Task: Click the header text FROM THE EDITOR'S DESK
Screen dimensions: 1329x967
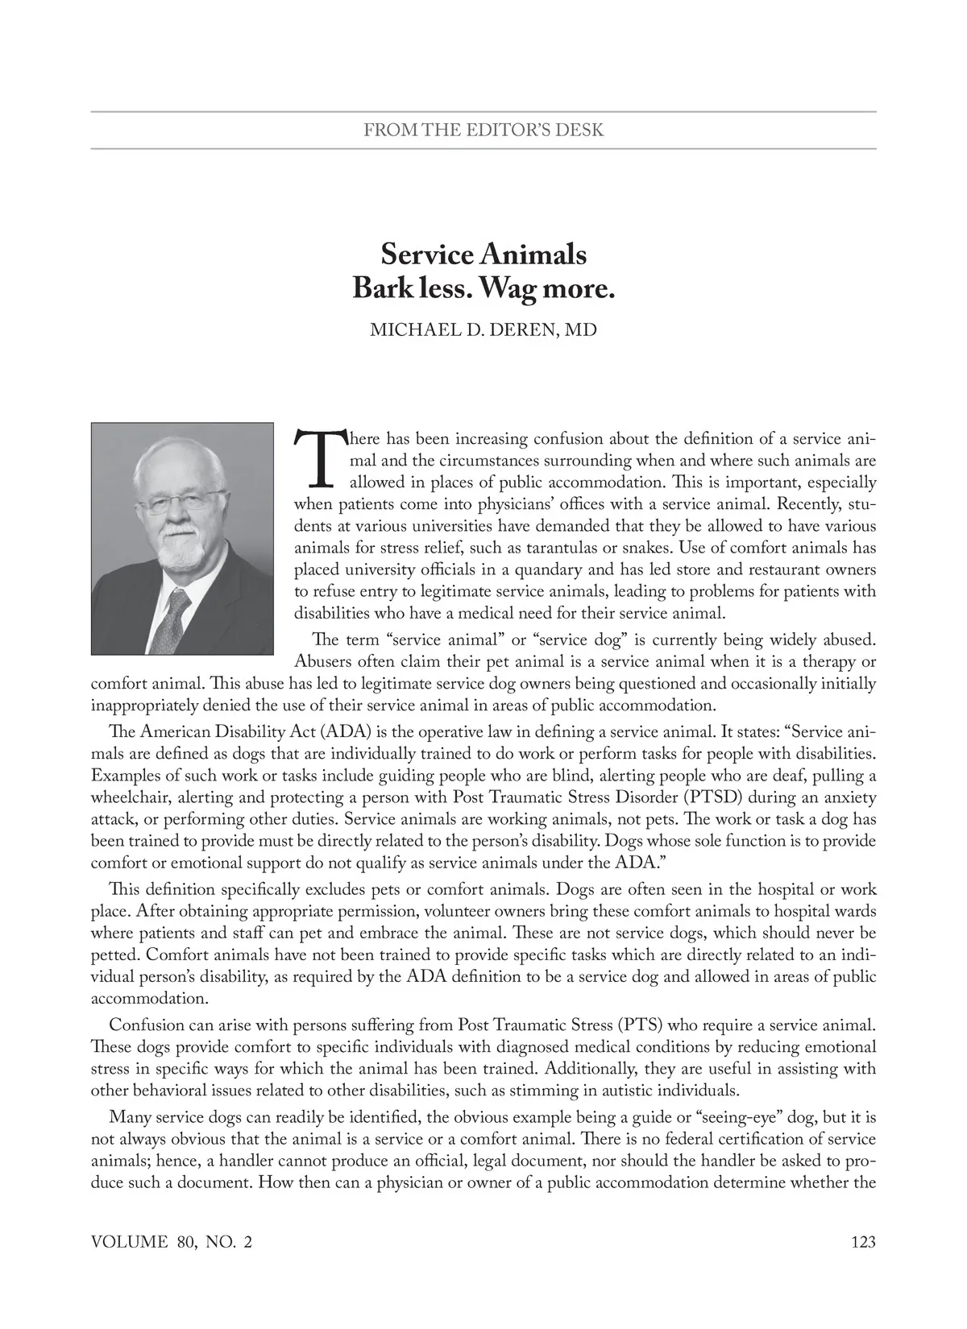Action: [483, 130]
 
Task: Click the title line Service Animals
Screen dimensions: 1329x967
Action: [483, 255]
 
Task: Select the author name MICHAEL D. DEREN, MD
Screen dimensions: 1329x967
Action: [483, 330]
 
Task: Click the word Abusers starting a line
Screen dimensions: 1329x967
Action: [324, 663]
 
